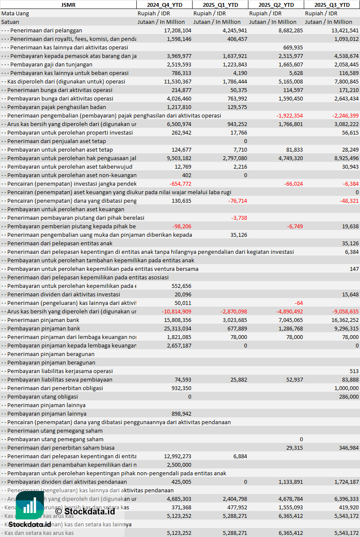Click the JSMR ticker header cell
click(x=68, y=5)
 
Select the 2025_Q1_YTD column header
click(x=220, y=5)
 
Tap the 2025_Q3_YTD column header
click(x=332, y=5)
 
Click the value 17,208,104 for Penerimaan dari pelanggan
click(x=178, y=30)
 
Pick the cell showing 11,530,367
click(x=178, y=81)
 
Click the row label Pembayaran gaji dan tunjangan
click(x=51, y=64)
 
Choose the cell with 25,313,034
click(x=178, y=328)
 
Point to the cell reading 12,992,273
click(x=178, y=456)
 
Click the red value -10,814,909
click(x=176, y=311)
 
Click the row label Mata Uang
click(x=15, y=13)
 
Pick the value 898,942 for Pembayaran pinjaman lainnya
click(x=181, y=414)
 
